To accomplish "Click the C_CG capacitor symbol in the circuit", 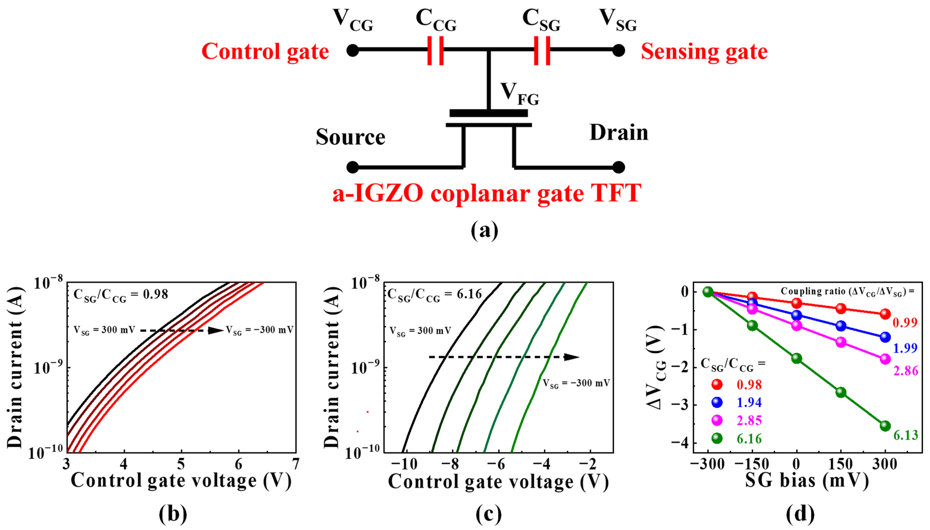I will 435,50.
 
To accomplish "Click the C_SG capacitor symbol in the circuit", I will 542,50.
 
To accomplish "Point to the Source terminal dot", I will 352,167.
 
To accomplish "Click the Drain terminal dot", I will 619,167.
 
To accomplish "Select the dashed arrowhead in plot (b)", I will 215,330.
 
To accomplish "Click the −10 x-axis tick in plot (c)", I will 404,464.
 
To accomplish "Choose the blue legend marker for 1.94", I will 717,402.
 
